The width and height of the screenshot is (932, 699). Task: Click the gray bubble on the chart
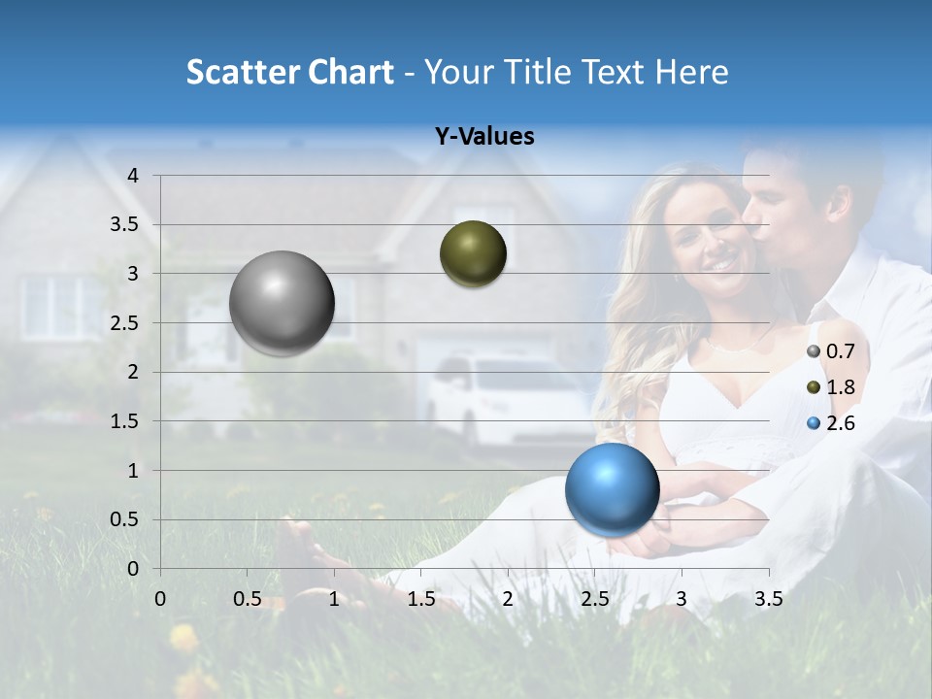[x=283, y=303]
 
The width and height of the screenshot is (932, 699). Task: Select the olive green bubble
[x=473, y=253]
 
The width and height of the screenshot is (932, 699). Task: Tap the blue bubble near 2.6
[x=612, y=489]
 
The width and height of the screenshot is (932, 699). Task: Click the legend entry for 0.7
[x=830, y=351]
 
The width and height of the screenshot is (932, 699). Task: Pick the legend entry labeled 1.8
[x=830, y=387]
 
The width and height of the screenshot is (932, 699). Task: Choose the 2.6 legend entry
[x=830, y=423]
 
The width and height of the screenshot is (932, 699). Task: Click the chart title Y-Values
[x=483, y=137]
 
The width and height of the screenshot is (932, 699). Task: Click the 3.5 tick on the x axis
[x=768, y=599]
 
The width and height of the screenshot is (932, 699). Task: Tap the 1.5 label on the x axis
[x=420, y=599]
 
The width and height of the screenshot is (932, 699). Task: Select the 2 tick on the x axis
[x=508, y=599]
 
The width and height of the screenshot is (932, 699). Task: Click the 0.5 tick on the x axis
[x=247, y=599]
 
